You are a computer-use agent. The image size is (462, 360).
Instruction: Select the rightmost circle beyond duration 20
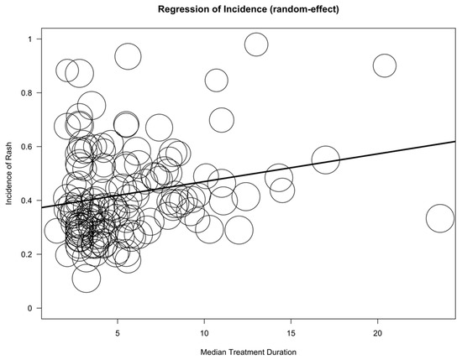tap(440, 218)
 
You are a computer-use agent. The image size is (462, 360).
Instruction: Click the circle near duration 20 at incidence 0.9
tap(385, 65)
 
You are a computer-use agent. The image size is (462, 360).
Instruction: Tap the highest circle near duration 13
tap(256, 44)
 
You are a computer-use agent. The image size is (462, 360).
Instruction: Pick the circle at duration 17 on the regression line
tap(325, 159)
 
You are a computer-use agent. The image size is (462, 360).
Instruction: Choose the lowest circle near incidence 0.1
tap(86, 278)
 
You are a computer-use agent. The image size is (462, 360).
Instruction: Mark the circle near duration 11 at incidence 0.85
tap(217, 81)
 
